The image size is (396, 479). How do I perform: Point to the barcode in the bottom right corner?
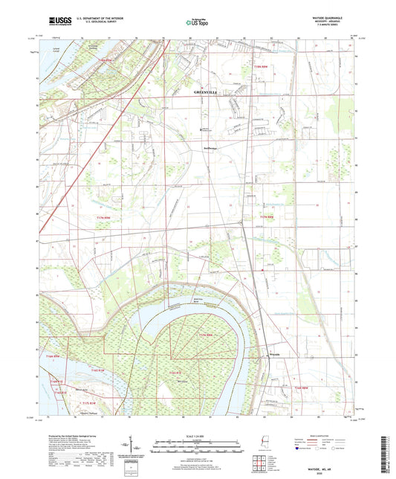(389, 446)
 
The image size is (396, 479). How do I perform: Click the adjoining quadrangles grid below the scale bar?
(259, 466)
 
